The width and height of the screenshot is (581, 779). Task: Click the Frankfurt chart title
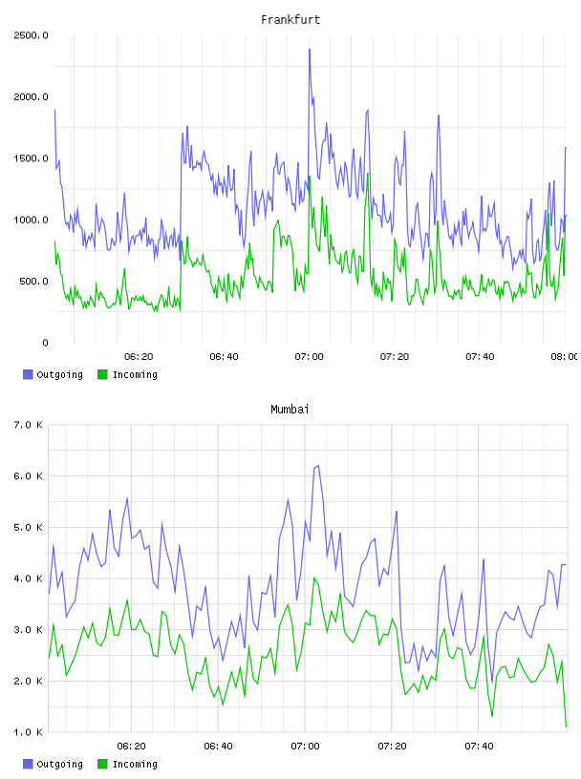pos(290,19)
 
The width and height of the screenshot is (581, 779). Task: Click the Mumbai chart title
pos(290,409)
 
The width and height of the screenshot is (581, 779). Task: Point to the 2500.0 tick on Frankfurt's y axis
pos(31,35)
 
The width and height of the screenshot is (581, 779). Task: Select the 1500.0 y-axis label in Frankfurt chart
pos(31,158)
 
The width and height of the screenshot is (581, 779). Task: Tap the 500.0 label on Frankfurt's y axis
pos(33,282)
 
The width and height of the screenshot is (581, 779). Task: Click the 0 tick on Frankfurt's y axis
pos(45,343)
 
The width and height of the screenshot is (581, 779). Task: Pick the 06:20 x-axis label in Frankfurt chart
pos(139,356)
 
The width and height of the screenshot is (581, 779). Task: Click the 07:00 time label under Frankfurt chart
pos(309,356)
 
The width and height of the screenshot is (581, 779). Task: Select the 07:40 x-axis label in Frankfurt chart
pos(480,356)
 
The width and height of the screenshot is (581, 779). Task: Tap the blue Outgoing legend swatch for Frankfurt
pos(28,374)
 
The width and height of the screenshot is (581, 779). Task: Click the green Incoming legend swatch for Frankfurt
pos(102,374)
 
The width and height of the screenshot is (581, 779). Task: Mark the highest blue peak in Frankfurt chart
pos(310,50)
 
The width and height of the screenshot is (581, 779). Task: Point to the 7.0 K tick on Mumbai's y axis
pos(28,425)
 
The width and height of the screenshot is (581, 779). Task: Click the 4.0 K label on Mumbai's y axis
pos(28,579)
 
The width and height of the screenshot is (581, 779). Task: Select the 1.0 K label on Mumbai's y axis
pos(28,732)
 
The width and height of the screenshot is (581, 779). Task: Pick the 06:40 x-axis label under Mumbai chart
pos(219,746)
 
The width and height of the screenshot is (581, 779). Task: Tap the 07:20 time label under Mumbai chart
pos(392,746)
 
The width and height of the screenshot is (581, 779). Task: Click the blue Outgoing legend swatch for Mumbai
pos(28,764)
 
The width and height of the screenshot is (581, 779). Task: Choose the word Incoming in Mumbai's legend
pos(135,765)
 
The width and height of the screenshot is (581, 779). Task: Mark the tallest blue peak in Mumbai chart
pos(318,466)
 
